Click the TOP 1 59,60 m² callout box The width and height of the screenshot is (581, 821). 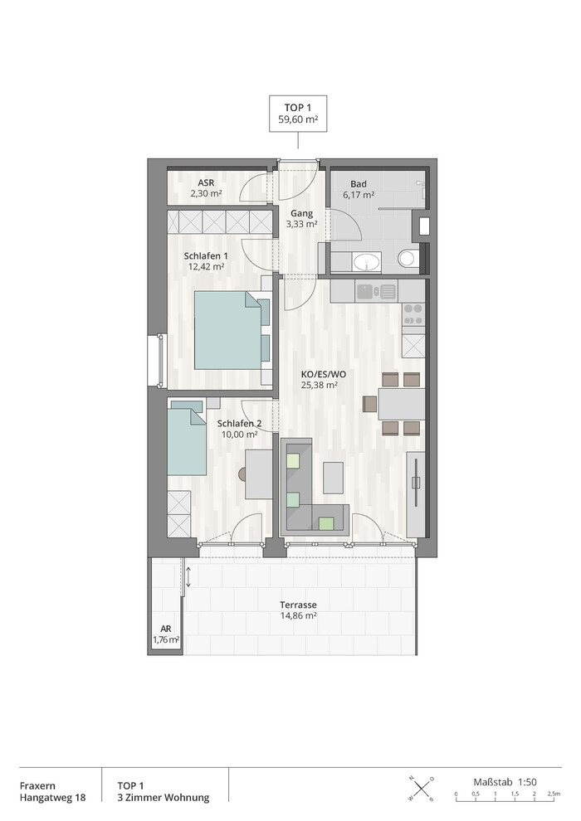pos(298,113)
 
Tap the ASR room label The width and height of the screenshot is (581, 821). pos(206,182)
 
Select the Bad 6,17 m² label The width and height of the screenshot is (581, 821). pos(359,190)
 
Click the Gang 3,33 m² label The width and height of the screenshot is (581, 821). pos(302,219)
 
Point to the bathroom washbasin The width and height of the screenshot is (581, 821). pos(367,262)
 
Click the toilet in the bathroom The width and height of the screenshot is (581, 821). pos(408,259)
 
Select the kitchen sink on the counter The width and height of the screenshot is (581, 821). pos(377,290)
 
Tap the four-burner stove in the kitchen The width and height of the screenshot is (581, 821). pos(413,314)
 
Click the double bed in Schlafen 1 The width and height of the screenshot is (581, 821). pos(228,330)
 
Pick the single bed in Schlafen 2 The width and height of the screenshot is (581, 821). pos(187,439)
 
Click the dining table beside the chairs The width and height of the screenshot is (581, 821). pos(401,404)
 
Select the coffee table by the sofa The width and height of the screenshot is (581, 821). pos(333,478)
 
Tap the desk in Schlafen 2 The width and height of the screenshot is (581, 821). pos(258,474)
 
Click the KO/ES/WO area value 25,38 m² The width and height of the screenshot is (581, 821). pos(319,386)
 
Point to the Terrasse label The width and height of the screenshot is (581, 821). pos(298,605)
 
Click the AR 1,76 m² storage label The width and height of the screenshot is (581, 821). pos(166,634)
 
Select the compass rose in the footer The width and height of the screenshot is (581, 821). pos(421,788)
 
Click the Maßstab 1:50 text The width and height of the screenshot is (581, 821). pos(505,782)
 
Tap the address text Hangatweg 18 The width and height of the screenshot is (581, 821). pos(53,798)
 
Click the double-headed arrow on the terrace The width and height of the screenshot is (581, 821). pos(188,576)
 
